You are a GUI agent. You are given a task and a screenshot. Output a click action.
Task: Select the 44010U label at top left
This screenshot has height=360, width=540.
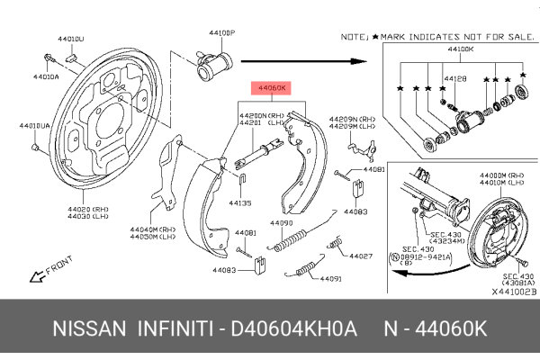tap(69, 40)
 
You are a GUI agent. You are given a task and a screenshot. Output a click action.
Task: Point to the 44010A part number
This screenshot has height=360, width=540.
tap(46, 77)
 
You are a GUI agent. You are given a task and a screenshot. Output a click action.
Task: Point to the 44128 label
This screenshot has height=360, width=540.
tap(454, 80)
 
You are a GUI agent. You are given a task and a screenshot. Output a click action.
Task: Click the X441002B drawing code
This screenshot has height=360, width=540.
tap(512, 292)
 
